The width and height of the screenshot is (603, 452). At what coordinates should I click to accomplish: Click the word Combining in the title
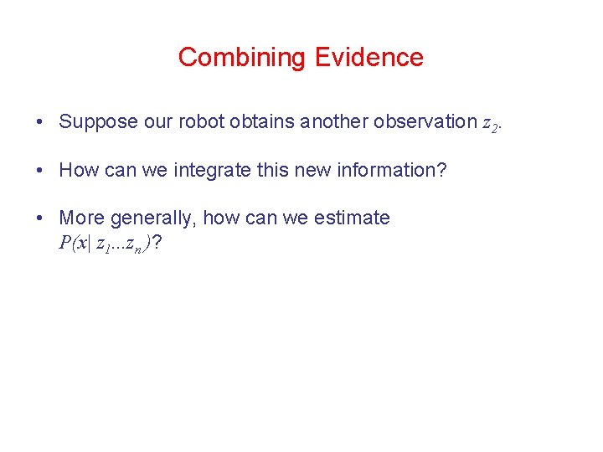pos(242,57)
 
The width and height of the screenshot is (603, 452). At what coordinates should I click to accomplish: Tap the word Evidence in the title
pos(369,57)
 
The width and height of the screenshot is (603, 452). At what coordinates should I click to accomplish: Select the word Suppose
pos(98,122)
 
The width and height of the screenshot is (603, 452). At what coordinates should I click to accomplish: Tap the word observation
pos(425,122)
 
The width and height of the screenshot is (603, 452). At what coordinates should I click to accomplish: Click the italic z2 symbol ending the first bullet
pos(491,124)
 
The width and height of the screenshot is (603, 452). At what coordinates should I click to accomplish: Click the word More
pos(81,218)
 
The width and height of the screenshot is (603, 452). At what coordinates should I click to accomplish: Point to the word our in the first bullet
pos(158,122)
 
